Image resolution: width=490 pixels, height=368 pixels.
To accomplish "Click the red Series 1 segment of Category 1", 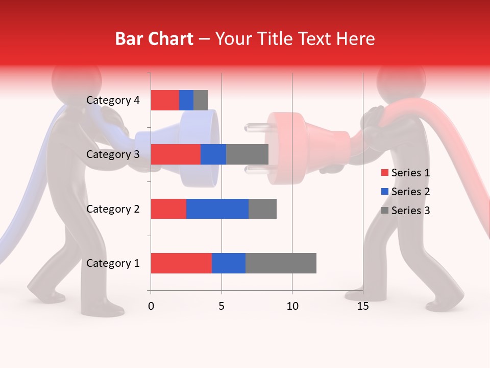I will [181, 263].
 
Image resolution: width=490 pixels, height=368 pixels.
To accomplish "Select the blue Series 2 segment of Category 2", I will [217, 209].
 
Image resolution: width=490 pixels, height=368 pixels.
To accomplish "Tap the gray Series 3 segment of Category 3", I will [247, 154].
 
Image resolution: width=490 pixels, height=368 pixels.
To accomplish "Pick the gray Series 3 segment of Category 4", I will [201, 100].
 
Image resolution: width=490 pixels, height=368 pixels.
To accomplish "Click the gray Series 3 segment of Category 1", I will [281, 263].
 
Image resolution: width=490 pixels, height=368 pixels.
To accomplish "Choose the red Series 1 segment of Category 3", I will [175, 154].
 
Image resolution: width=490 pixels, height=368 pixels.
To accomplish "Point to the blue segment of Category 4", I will [186, 100].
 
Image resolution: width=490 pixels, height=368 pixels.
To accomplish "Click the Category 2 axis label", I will [112, 209].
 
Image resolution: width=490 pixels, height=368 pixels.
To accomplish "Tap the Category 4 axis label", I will [112, 100].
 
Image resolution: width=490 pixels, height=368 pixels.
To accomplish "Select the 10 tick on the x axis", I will [292, 306].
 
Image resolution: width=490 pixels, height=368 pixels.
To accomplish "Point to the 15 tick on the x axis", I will [362, 306].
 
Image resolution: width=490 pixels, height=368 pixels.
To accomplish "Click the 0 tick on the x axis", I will [151, 306].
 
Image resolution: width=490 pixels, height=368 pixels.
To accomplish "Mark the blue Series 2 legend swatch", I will [384, 192].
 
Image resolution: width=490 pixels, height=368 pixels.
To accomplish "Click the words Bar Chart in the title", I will [154, 39].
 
